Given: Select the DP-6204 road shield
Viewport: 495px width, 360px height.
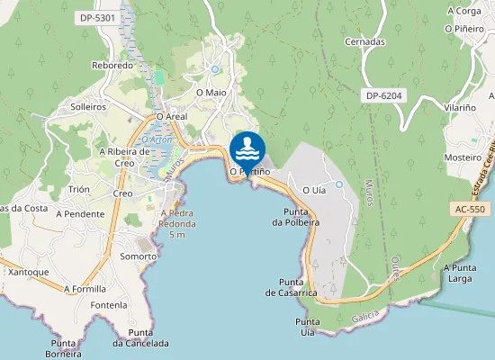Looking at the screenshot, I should click(x=383, y=95).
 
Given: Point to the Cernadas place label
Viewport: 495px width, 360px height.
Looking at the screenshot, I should click(x=364, y=42).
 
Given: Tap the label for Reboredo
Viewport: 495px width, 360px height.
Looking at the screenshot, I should click(x=112, y=66).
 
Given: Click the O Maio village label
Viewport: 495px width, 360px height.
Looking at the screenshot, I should click(x=211, y=93).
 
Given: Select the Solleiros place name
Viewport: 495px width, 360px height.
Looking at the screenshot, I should click(x=88, y=106).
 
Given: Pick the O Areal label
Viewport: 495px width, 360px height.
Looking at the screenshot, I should click(x=171, y=117).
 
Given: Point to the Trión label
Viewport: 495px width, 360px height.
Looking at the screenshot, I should click(x=79, y=190).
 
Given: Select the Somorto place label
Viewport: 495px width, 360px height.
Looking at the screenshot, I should click(x=138, y=256).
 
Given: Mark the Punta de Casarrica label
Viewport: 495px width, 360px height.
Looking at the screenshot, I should click(x=291, y=287).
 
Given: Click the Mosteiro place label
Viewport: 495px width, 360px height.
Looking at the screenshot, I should click(x=463, y=157).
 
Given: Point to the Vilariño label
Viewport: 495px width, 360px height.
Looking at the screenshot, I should click(x=459, y=107).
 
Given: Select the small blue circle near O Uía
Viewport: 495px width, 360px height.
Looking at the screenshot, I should click(x=339, y=184).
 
